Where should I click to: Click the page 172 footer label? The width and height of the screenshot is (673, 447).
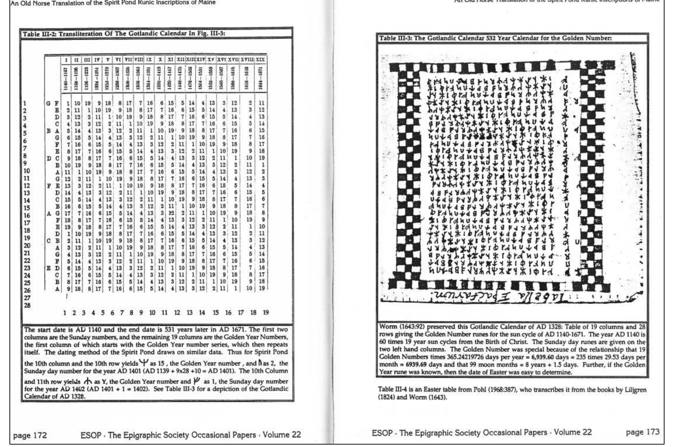30,435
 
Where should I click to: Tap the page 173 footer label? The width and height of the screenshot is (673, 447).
642,432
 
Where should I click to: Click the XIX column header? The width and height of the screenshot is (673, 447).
260,60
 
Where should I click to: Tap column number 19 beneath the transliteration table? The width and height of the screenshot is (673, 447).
265,313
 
